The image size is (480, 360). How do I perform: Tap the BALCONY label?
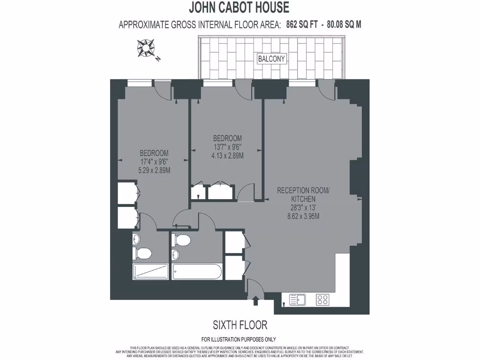point(271,59)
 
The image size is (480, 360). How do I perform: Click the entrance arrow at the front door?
point(255,300)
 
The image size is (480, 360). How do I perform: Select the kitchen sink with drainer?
point(297,300)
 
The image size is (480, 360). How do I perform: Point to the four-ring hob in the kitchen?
point(322,300)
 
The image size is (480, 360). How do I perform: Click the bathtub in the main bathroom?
point(197,271)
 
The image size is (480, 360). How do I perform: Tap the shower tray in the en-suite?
point(150,271)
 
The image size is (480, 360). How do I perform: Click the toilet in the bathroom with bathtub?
point(182,240)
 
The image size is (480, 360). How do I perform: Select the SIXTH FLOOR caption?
point(240,325)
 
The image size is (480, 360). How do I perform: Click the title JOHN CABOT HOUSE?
point(239,7)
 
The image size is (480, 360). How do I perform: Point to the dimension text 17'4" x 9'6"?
point(154,162)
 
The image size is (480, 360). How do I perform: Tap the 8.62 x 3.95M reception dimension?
point(303,216)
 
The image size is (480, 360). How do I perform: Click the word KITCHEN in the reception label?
point(303,199)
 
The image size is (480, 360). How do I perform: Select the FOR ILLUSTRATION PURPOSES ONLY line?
point(239,339)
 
